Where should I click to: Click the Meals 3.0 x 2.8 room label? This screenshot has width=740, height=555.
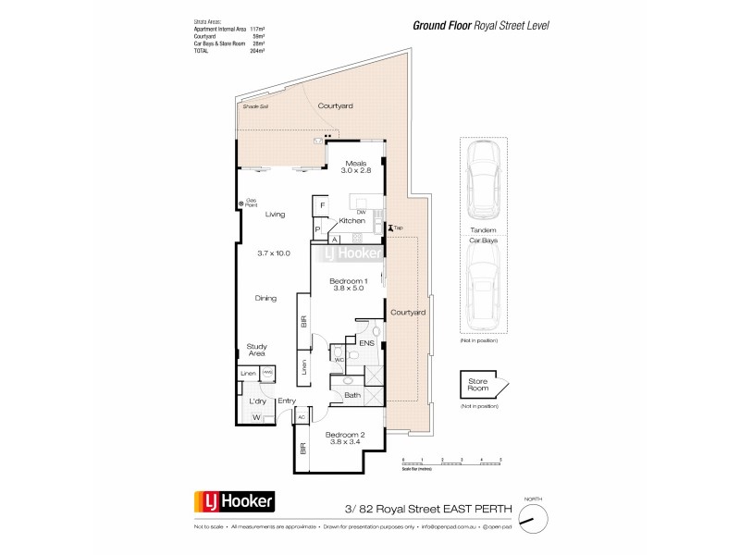pyautogui.click(x=356, y=167)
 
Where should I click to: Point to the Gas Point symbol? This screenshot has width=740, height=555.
pyautogui.click(x=241, y=203)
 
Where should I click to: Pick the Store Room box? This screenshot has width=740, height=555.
pyautogui.click(x=479, y=386)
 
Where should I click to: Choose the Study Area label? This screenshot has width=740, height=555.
pyautogui.click(x=256, y=350)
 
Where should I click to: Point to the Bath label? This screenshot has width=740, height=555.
pyautogui.click(x=351, y=396)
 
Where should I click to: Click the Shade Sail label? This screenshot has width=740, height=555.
pyautogui.click(x=255, y=107)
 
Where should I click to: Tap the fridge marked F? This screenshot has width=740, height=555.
pyautogui.click(x=322, y=205)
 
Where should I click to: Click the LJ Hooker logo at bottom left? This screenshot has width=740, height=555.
pyautogui.click(x=232, y=501)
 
